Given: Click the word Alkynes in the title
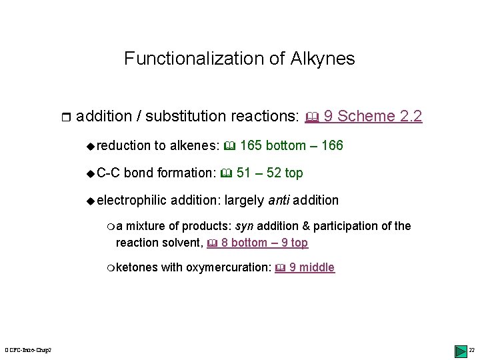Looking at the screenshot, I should tap(322, 59).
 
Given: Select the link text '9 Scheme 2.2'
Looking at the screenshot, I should tap(373, 116).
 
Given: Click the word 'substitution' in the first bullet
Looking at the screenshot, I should tap(186, 116).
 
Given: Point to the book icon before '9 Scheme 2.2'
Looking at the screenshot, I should tap(311, 117).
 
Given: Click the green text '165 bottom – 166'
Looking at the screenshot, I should tap(291, 145).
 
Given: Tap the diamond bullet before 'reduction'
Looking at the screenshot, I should tap(91, 146).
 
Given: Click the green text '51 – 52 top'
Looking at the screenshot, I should tap(269, 173).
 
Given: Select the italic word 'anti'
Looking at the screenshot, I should tap(279, 200).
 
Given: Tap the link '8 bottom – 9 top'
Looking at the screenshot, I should tap(264, 243).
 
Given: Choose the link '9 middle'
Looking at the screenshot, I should tap(312, 267).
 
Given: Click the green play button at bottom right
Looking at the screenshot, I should tap(460, 351).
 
